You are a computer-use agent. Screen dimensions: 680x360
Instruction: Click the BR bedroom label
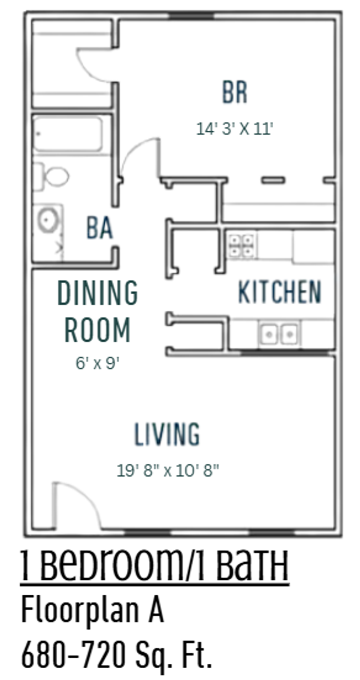point(234,92)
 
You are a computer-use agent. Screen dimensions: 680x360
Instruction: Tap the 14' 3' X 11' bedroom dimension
point(235,129)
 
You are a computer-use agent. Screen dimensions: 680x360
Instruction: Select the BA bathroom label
point(99,228)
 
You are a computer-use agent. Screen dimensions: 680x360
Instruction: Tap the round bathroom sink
point(48,220)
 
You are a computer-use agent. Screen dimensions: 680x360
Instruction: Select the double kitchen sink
point(279,334)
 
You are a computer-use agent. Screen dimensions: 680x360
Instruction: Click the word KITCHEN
point(279,292)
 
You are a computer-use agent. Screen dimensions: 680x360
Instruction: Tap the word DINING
point(98,293)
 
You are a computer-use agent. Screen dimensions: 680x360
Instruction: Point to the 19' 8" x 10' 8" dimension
point(168,471)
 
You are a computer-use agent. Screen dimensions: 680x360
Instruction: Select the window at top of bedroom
point(191,15)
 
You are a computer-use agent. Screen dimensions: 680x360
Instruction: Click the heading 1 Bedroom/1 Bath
point(155,566)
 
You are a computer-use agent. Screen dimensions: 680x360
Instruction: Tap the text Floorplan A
point(93,610)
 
